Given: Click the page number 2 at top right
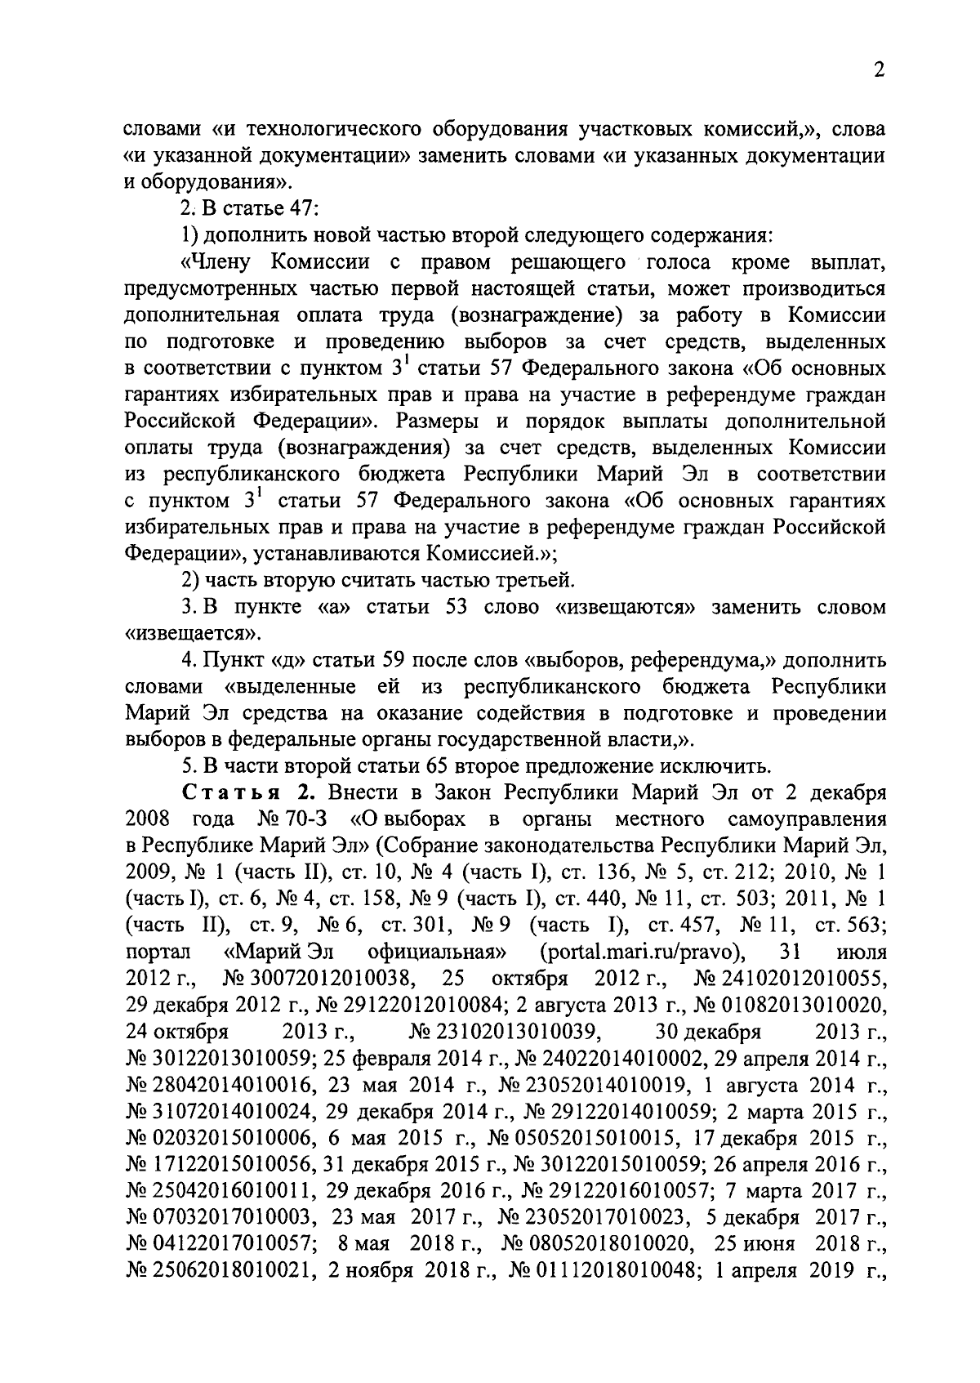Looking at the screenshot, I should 879,71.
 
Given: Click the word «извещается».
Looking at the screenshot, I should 193,634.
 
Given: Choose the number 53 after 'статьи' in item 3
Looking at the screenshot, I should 456,608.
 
